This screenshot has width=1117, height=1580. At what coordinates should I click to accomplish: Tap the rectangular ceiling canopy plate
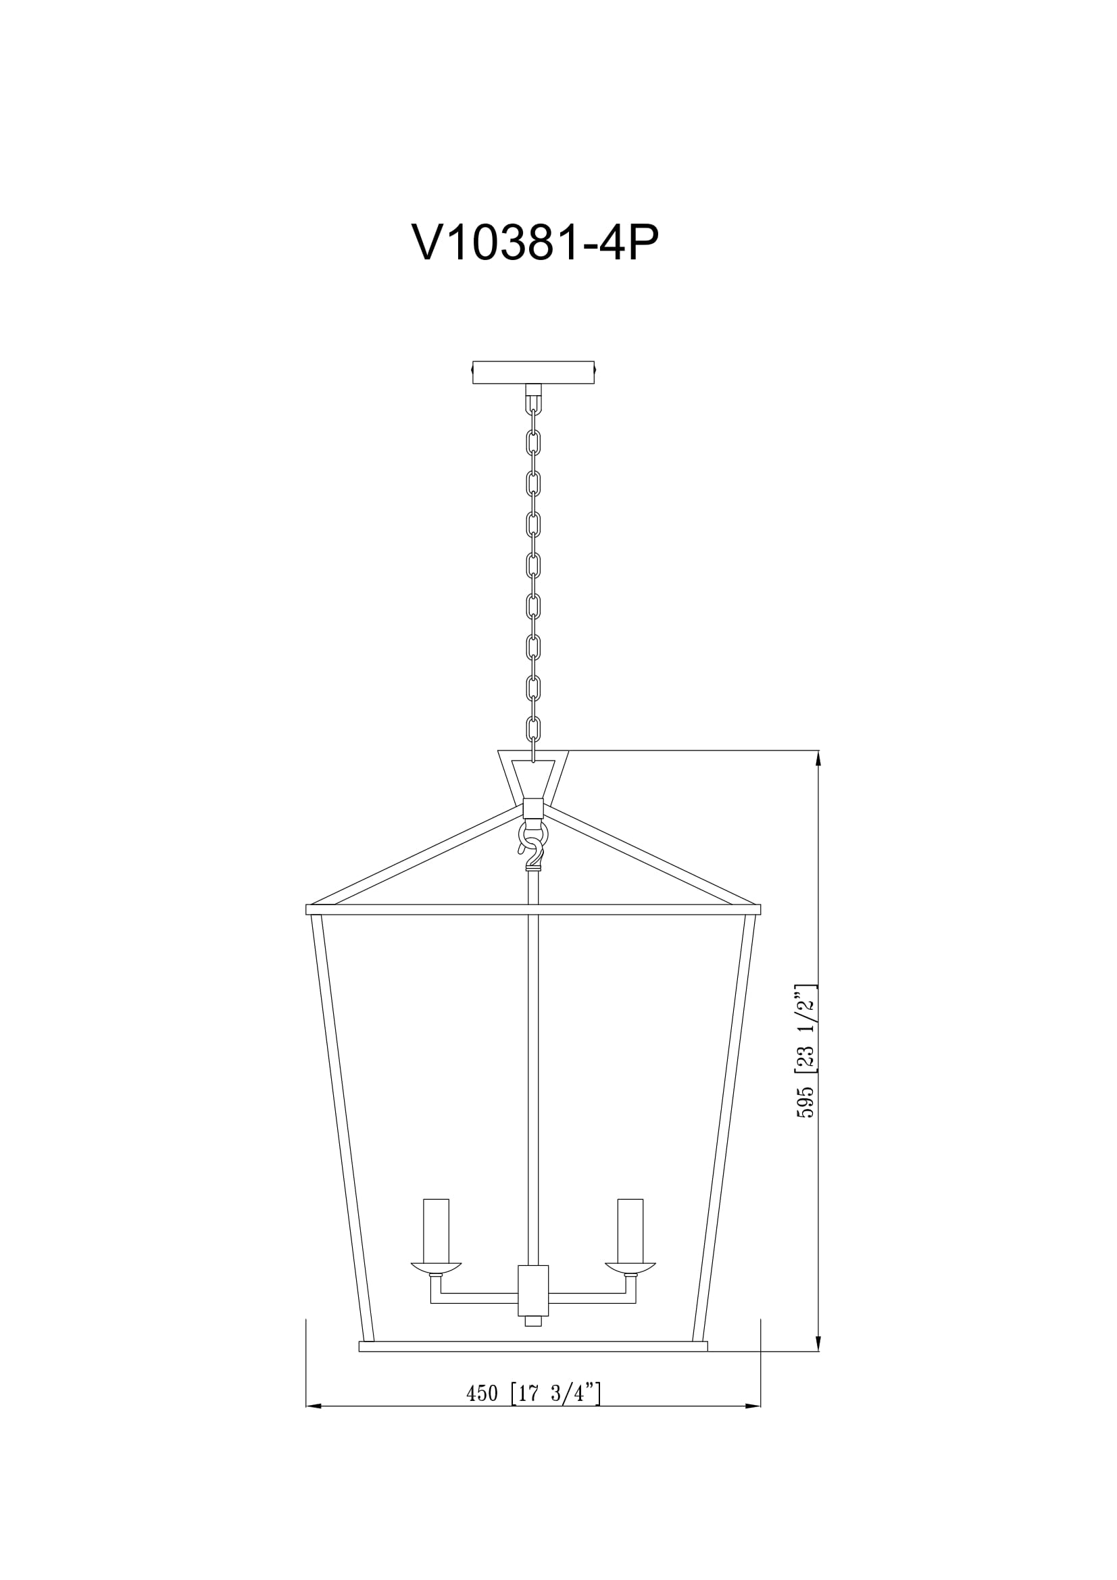coord(532,372)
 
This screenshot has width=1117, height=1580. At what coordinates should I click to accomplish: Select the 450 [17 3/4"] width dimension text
coord(533,1393)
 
